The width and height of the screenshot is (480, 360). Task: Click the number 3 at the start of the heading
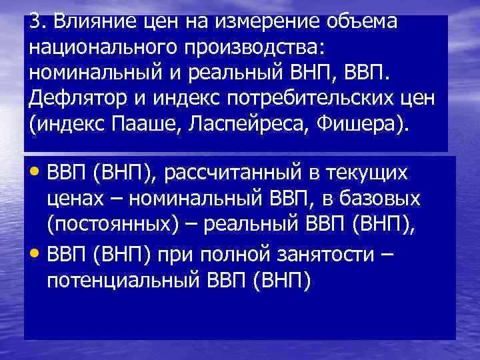point(35,21)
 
